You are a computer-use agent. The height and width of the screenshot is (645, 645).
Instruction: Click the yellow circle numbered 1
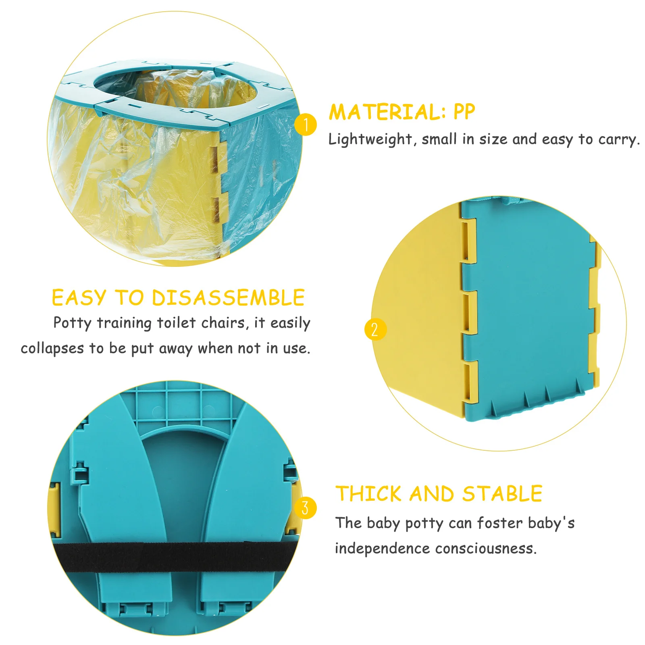click(x=306, y=125)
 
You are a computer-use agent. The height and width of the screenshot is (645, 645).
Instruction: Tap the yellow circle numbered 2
click(x=375, y=329)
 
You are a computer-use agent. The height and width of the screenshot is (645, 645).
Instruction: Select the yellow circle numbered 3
click(x=305, y=508)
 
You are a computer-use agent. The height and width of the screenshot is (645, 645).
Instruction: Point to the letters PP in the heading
click(x=464, y=112)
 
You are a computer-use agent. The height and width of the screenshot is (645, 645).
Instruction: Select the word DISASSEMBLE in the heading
click(x=228, y=298)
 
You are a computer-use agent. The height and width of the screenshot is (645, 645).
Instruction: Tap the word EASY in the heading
click(x=79, y=298)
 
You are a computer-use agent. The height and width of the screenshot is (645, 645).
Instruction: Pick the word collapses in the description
click(x=52, y=348)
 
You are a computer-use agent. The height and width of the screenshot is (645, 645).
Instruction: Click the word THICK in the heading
click(x=369, y=494)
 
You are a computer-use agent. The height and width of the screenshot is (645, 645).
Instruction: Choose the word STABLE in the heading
click(x=502, y=494)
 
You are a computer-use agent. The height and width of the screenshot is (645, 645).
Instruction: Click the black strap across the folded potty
click(x=173, y=557)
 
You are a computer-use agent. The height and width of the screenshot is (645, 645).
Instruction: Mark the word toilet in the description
click(x=176, y=323)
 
